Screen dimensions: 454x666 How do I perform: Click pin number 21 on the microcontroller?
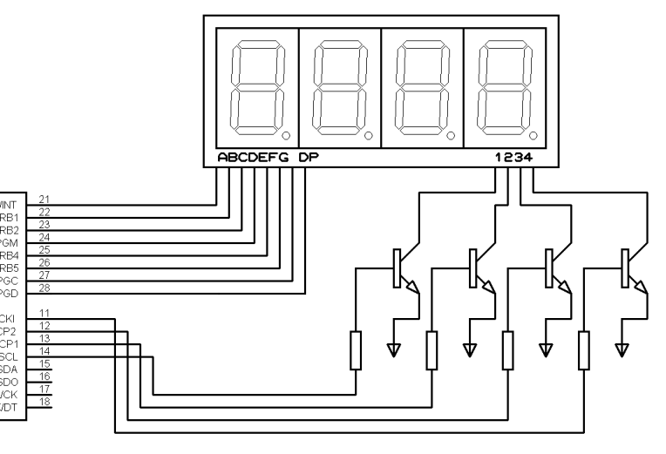tap(44, 200)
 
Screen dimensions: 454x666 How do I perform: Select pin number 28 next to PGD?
tap(44, 288)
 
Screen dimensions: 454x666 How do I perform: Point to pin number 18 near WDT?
tap(44, 401)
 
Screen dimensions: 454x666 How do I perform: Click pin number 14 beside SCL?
tap(44, 350)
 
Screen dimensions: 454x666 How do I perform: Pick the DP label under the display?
tap(307, 158)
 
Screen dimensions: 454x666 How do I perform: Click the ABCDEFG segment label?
tap(253, 158)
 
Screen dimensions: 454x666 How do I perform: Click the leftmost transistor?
tap(404, 270)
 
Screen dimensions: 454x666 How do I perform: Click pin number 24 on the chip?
tap(44, 237)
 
